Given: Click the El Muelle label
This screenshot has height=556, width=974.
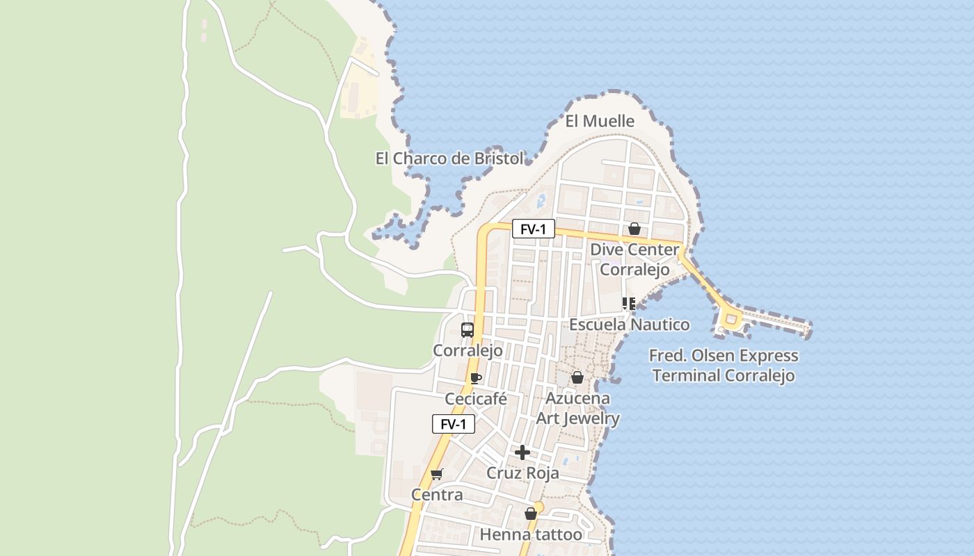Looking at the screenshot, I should (x=600, y=121).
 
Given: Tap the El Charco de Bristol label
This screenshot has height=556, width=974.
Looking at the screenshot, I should (x=449, y=158).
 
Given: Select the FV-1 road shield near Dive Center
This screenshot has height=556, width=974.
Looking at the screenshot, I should (x=534, y=229).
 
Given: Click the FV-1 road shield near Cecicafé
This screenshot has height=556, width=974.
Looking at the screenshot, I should (x=454, y=424).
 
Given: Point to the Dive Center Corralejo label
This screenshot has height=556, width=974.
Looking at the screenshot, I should (x=634, y=259).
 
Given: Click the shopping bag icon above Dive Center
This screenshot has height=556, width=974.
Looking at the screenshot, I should (x=634, y=229).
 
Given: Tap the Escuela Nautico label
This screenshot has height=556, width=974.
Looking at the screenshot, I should (x=630, y=325).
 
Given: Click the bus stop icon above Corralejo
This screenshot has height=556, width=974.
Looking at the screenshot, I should (x=468, y=330).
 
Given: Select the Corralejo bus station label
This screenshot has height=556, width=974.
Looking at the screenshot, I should (x=468, y=350).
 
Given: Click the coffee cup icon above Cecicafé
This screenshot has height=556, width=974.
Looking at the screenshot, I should (x=476, y=379).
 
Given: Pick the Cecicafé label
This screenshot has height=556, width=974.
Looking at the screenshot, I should (x=476, y=399).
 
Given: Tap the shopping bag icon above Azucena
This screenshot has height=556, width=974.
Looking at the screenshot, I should (x=577, y=377).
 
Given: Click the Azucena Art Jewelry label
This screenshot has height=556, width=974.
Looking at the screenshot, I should (x=577, y=408).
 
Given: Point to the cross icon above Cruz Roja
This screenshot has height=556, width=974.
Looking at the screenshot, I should (x=522, y=452).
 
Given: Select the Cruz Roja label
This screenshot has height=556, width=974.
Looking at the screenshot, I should (x=522, y=473).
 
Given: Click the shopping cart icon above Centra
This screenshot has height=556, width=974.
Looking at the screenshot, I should (x=437, y=475).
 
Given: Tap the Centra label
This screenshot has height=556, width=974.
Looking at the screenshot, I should (x=437, y=495).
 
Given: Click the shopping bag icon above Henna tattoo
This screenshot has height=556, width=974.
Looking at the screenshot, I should (x=531, y=514).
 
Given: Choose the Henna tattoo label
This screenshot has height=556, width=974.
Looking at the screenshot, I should (x=531, y=534).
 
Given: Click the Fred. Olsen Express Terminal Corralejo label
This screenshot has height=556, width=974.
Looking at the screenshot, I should (x=724, y=366).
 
